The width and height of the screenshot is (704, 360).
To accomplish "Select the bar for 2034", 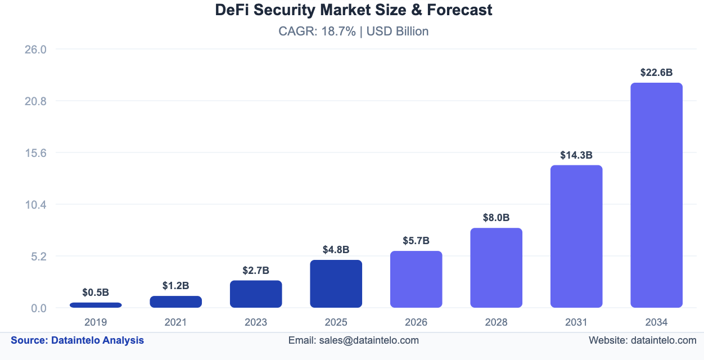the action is point(656,195).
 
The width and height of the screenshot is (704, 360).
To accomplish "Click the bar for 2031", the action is point(576,236).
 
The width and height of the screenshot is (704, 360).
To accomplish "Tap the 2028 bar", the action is point(497,268).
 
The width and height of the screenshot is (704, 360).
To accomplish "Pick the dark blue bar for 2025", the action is point(336,283).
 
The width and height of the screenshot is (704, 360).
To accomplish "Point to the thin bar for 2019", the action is point(96,305).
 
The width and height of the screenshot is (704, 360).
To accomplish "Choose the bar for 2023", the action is point(256,294).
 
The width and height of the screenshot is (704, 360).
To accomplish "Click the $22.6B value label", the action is point(656,73).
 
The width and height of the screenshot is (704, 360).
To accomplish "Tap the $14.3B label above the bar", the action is point(576,155).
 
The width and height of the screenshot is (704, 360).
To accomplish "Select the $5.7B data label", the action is point(416,241).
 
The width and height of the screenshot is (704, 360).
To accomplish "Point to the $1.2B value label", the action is point(175,286).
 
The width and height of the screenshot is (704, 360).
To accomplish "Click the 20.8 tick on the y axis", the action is point(35,101).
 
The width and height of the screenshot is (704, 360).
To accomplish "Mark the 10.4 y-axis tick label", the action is point(35,205).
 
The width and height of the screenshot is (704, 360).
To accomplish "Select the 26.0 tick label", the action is point(35,49).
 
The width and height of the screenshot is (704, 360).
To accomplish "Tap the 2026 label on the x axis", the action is point(416,322).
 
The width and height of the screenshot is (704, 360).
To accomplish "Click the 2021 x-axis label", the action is point(175,322).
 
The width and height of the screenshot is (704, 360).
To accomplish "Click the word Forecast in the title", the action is point(459,10).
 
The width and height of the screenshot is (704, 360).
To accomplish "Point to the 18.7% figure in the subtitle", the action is point(339,31).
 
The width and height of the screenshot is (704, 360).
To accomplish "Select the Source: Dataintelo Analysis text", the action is point(77,340).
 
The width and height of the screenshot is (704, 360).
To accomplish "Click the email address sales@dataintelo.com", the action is point(369,340).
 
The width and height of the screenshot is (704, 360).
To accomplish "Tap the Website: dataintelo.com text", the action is point(642,340).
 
